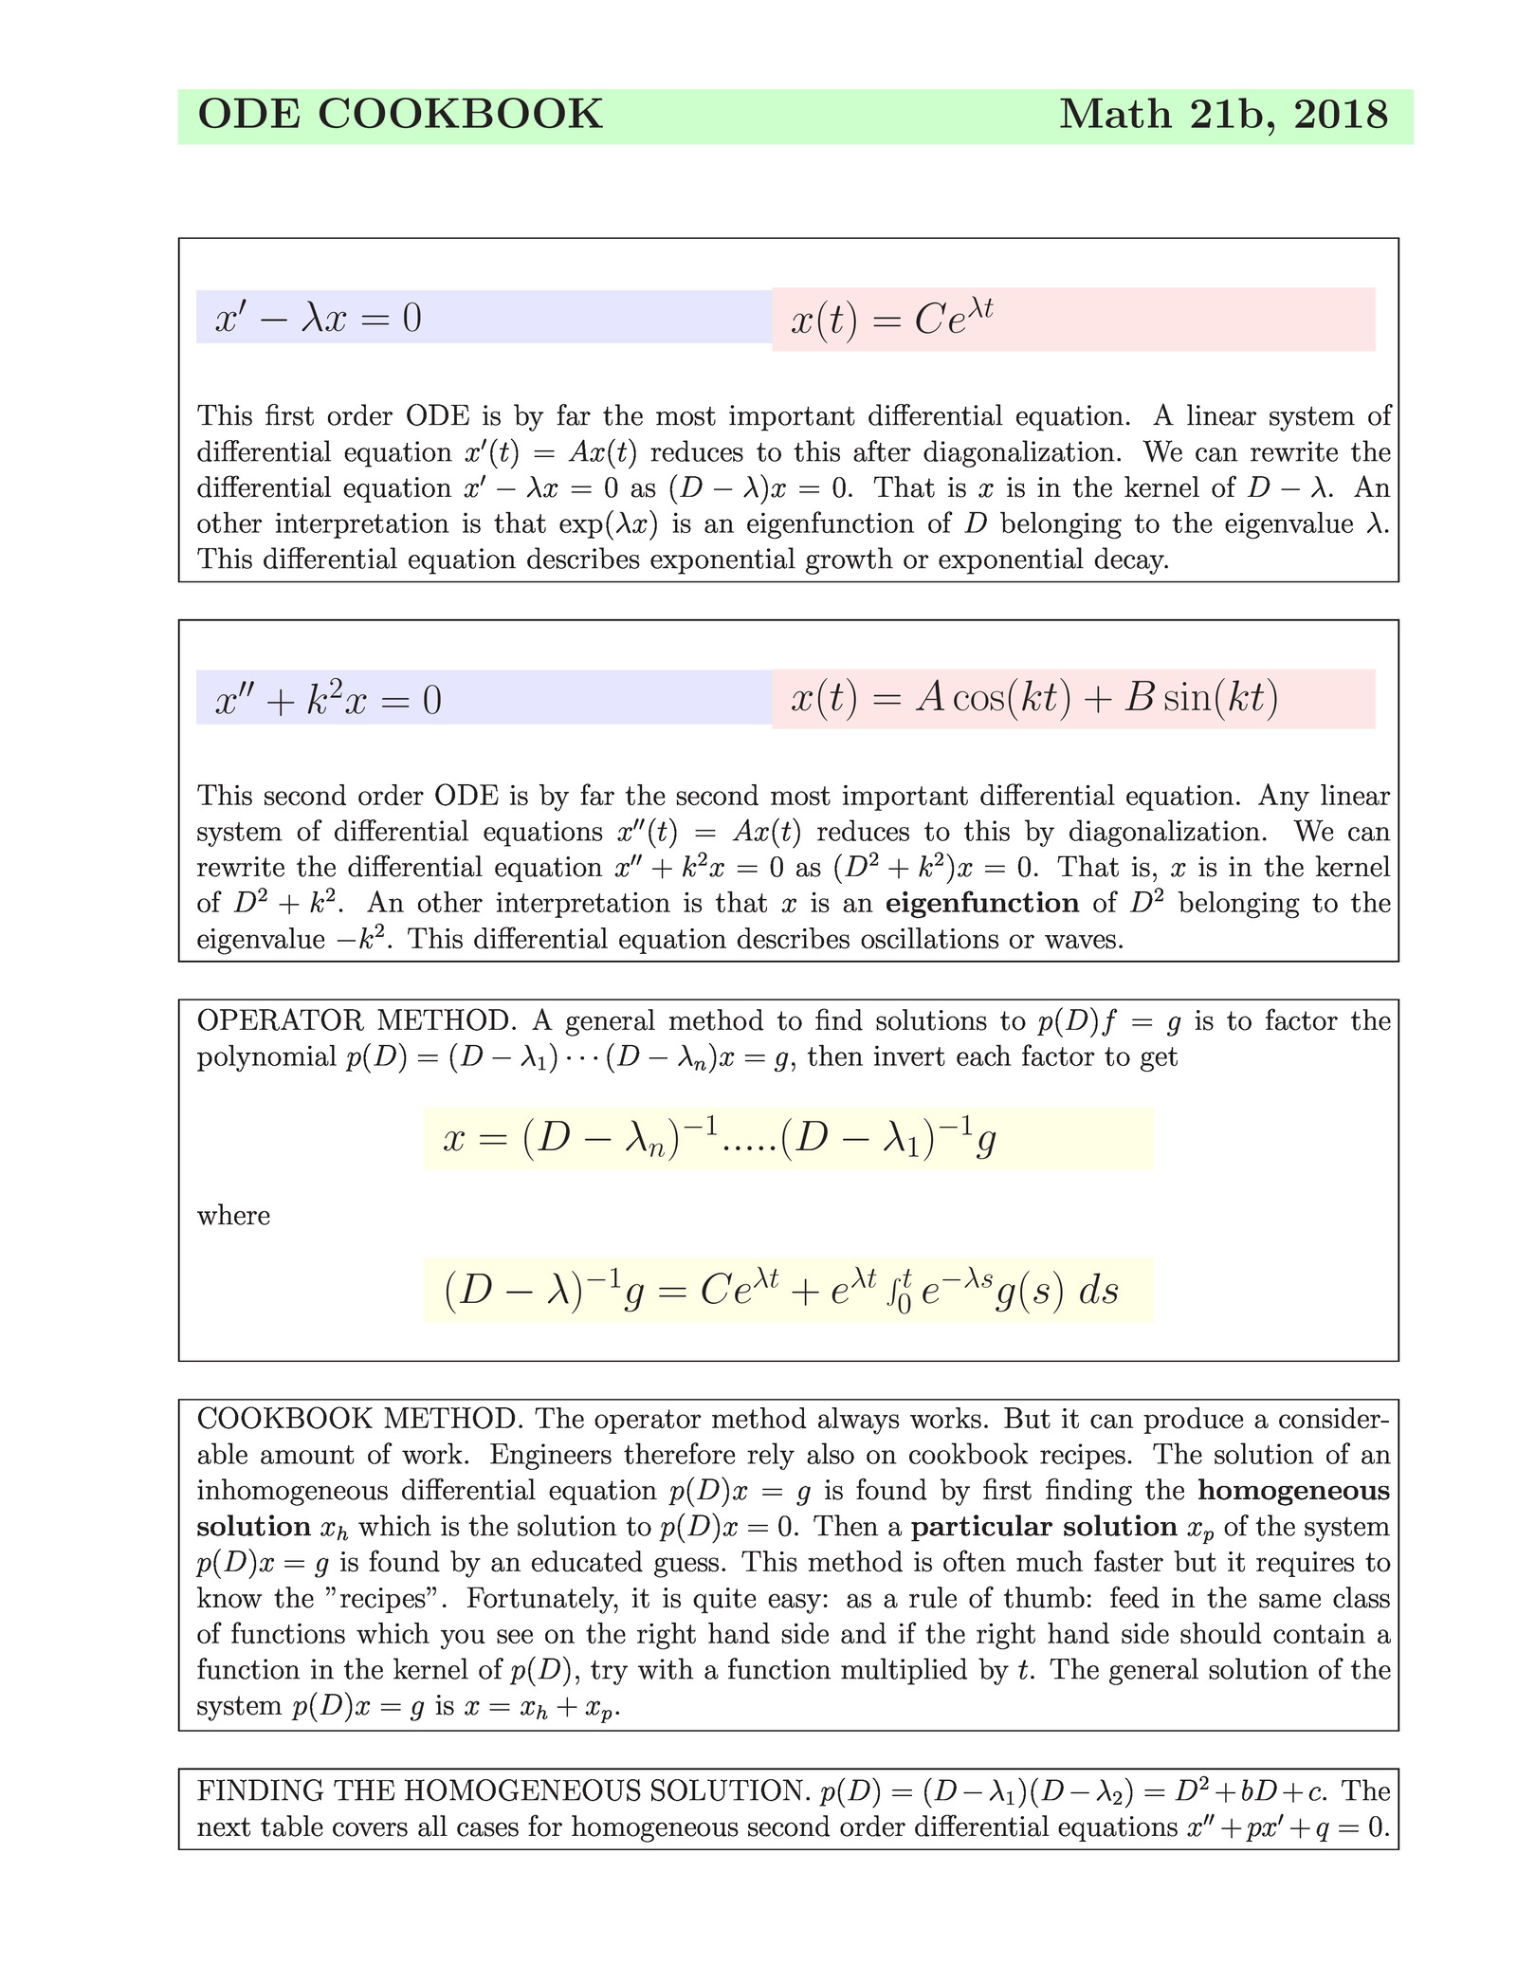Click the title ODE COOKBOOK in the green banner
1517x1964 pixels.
(399, 115)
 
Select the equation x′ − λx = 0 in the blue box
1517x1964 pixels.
(318, 319)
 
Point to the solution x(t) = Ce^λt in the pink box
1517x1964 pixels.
(891, 320)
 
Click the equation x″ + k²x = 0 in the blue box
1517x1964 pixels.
(328, 700)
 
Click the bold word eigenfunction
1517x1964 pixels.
(981, 903)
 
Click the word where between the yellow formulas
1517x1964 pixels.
(233, 1216)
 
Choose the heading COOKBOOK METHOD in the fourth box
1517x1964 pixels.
(359, 1420)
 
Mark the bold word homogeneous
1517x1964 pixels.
(1293, 1491)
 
